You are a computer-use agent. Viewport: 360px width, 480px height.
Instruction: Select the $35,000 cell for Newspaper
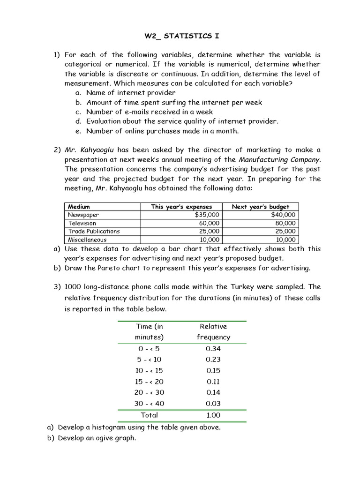click(x=207, y=215)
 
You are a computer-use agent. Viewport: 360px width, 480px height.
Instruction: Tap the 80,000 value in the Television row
click(x=285, y=223)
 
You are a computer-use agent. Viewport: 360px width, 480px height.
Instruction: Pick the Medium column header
click(x=79, y=207)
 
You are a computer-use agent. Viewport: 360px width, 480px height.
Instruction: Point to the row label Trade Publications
click(x=94, y=231)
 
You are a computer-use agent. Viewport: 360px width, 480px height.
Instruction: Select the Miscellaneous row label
click(x=87, y=240)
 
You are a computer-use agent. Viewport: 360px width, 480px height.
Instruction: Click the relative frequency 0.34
click(x=213, y=349)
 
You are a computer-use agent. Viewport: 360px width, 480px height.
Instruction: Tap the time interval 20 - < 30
click(x=150, y=392)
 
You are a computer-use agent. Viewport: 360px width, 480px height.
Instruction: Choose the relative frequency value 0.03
click(x=213, y=404)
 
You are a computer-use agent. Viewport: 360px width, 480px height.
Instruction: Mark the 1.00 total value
click(x=213, y=415)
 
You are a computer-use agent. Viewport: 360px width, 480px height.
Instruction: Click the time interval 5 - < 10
click(x=150, y=360)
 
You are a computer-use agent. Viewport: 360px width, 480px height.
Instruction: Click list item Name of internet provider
click(x=131, y=93)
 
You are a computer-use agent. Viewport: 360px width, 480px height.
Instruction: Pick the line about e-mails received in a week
click(x=149, y=112)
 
